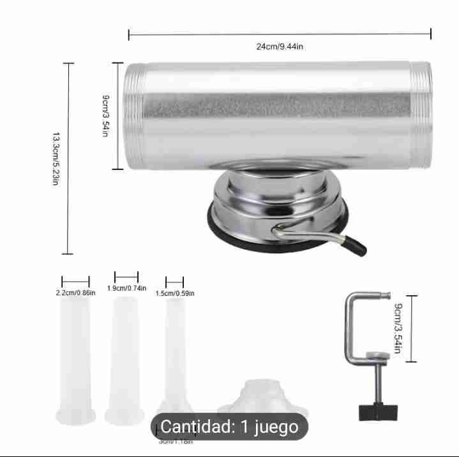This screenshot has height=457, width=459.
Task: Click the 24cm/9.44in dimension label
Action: click(x=279, y=47)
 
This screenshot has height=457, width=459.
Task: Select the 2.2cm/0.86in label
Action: click(x=75, y=293)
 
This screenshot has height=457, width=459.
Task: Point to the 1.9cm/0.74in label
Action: click(x=126, y=288)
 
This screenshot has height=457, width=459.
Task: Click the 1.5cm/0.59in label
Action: click(x=175, y=293)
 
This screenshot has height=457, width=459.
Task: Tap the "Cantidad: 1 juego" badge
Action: click(x=229, y=426)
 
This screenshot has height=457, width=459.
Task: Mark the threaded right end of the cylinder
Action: click(x=421, y=117)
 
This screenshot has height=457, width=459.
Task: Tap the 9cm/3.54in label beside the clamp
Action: click(x=398, y=329)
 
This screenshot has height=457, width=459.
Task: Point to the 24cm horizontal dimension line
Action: click(x=279, y=34)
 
